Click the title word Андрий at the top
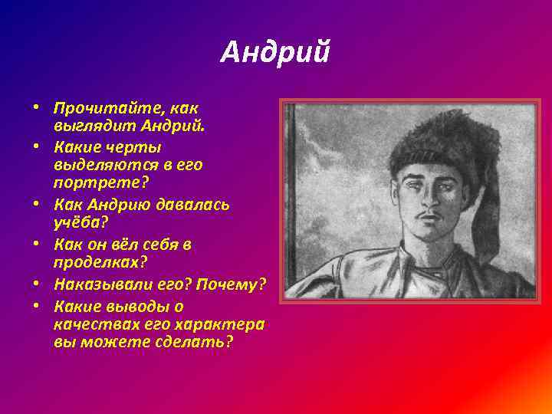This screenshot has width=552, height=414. [275, 53]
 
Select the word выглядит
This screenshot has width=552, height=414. [87, 124]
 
